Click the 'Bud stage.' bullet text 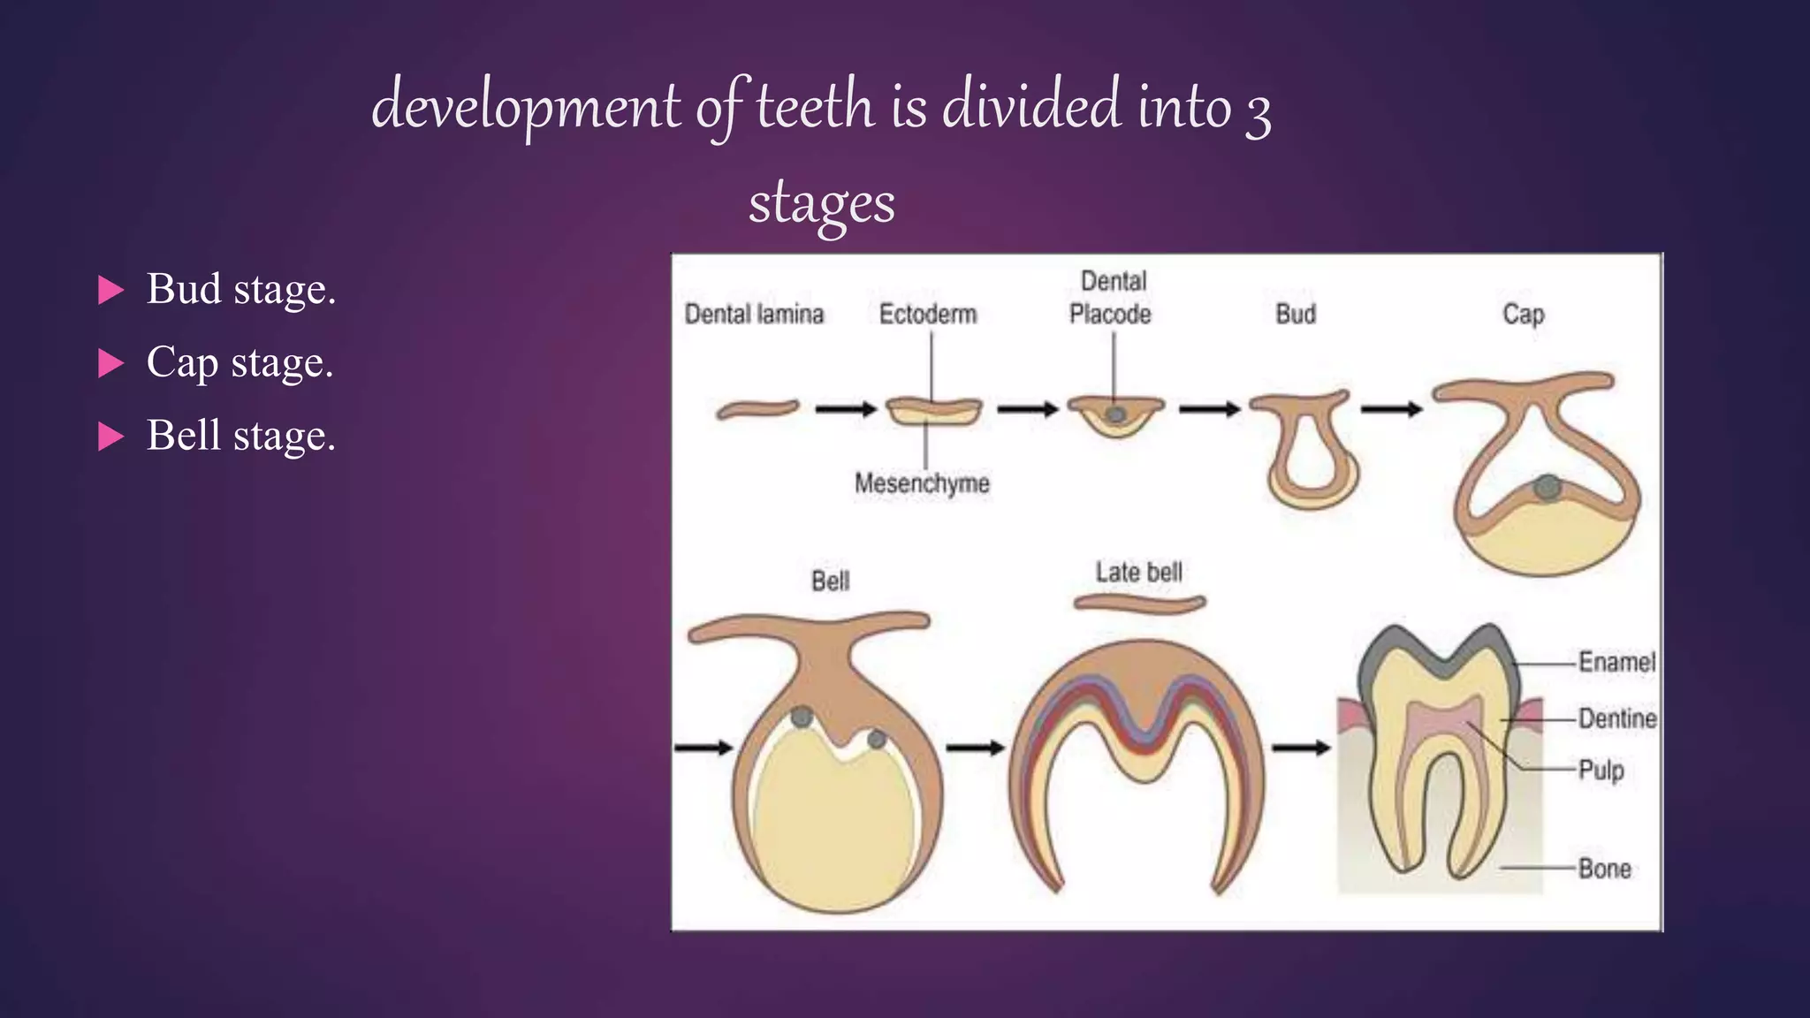(x=240, y=289)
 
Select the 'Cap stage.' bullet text (x=240, y=362)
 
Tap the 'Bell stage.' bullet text (x=240, y=436)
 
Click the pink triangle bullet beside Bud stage (x=110, y=290)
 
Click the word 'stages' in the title (x=822, y=203)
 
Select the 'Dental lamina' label (x=754, y=315)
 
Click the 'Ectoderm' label (x=928, y=315)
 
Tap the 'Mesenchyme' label (x=922, y=483)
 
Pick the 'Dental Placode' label (x=1111, y=298)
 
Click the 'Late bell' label (x=1138, y=573)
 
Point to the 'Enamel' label (x=1616, y=662)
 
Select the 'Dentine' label (x=1617, y=718)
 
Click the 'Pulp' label (x=1601, y=770)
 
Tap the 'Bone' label (x=1605, y=869)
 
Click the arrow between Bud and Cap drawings (x=1391, y=409)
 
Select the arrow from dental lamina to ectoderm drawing (x=845, y=409)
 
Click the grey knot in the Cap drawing (x=1547, y=487)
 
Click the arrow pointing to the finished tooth (x=1301, y=748)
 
